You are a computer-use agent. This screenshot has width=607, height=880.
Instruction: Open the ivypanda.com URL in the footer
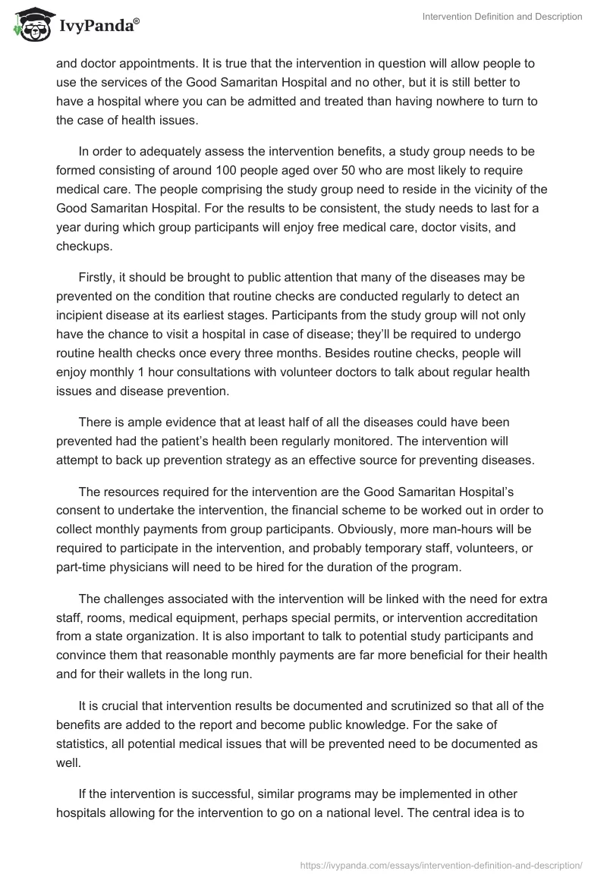click(x=441, y=864)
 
